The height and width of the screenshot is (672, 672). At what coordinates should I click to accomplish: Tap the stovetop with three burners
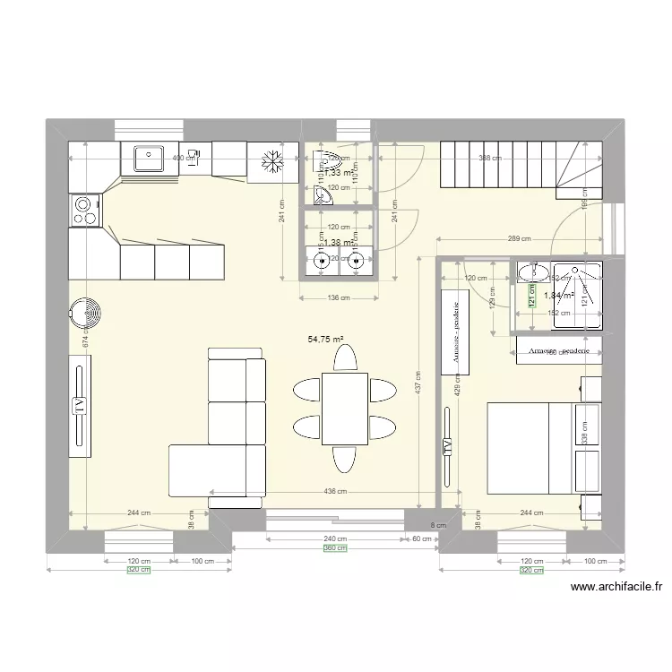pyautogui.click(x=83, y=210)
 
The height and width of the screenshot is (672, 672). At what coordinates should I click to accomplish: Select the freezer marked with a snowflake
pyautogui.click(x=271, y=161)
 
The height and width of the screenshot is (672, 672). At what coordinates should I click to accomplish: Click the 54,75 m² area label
pyautogui.click(x=327, y=340)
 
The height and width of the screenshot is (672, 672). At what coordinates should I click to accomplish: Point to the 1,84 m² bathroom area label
pyautogui.click(x=559, y=294)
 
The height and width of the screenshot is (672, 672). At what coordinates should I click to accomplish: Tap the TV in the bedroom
pyautogui.click(x=445, y=447)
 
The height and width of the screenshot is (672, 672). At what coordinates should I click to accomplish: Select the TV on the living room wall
pyautogui.click(x=80, y=404)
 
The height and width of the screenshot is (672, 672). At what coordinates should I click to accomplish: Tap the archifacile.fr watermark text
pyautogui.click(x=616, y=587)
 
